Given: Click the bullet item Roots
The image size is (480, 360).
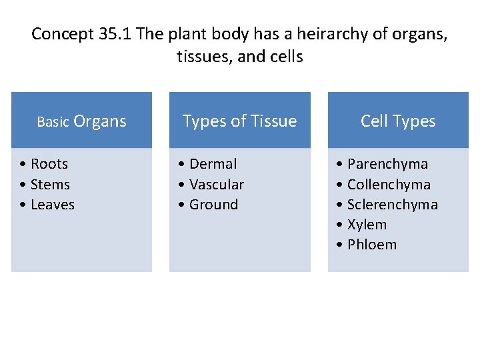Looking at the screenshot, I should pyautogui.click(x=49, y=164).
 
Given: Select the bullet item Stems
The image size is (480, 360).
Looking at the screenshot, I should pyautogui.click(x=50, y=185).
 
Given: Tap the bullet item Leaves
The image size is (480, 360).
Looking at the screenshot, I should pyautogui.click(x=52, y=205).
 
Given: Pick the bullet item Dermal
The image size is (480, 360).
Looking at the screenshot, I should pyautogui.click(x=213, y=164).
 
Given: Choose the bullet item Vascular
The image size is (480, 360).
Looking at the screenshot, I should pyautogui.click(x=216, y=185).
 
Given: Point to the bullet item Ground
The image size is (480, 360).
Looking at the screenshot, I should pyautogui.click(x=213, y=205).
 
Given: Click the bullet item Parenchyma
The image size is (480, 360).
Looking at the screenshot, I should pyautogui.click(x=387, y=164).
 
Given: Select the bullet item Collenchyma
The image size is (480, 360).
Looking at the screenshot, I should pyautogui.click(x=389, y=185).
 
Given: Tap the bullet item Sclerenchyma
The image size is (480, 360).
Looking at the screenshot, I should pyautogui.click(x=392, y=205).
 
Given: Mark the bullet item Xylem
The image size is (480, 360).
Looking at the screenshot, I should pyautogui.click(x=367, y=225).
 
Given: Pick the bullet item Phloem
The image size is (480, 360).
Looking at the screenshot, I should pyautogui.click(x=371, y=245).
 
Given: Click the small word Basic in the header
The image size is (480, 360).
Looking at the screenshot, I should pyautogui.click(x=53, y=122).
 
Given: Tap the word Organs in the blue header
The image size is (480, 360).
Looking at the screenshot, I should pyautogui.click(x=100, y=121).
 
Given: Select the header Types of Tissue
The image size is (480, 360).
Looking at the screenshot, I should pyautogui.click(x=239, y=121).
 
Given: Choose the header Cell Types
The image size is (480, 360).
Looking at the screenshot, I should pyautogui.click(x=398, y=121).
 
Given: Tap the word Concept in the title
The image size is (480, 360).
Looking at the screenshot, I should pyautogui.click(x=58, y=34).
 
